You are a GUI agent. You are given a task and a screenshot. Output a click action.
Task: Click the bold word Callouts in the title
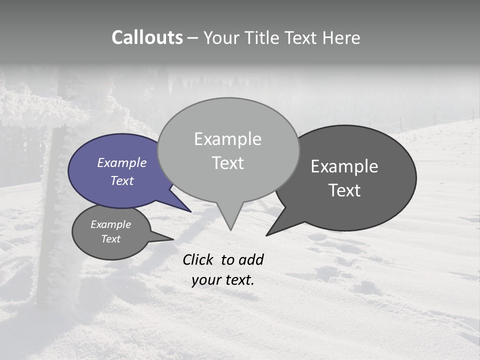[147, 37]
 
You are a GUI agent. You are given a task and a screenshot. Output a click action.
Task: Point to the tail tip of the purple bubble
[189, 210]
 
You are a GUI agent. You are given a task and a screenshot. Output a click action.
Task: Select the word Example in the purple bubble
[122, 162]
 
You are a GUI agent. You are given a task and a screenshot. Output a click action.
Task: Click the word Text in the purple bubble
[122, 180]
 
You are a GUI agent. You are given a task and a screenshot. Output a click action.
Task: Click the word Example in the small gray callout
[111, 224]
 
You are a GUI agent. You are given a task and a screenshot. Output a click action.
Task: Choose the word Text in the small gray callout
[111, 239]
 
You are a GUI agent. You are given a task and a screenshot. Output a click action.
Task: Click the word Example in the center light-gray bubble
[227, 139]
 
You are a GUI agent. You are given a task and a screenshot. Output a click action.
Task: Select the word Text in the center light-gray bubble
[228, 163]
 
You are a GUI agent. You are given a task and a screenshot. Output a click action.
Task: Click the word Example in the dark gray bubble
[344, 166]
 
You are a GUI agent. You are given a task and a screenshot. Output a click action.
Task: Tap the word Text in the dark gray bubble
[344, 190]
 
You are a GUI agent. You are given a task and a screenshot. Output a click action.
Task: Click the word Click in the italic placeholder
[198, 259]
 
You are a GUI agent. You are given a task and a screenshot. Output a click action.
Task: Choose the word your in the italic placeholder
[206, 280]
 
